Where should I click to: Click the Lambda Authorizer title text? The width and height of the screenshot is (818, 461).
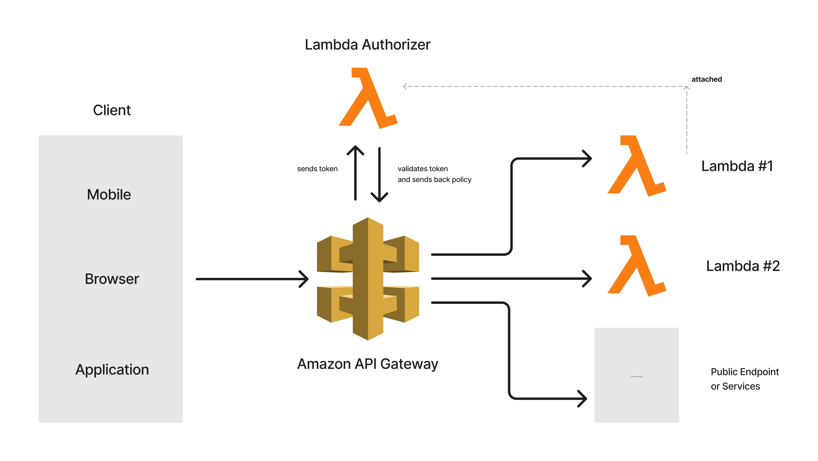(367, 44)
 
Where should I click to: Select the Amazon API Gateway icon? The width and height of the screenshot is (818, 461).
(368, 279)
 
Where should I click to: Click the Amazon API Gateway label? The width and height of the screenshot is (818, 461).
(367, 364)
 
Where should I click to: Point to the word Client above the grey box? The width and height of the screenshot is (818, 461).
(112, 110)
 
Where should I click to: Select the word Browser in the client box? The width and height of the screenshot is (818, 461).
(112, 279)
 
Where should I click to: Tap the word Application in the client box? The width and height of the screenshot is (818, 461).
(112, 370)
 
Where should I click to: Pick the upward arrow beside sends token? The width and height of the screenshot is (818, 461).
(355, 173)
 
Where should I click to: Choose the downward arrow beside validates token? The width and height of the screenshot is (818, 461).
(379, 175)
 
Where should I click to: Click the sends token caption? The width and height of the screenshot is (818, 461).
(317, 169)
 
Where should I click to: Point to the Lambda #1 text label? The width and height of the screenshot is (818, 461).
(737, 166)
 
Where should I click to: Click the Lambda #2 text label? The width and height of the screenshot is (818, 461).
(743, 266)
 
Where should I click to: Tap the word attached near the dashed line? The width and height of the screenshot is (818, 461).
(706, 79)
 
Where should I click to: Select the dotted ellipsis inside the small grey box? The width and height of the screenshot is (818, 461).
(636, 376)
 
